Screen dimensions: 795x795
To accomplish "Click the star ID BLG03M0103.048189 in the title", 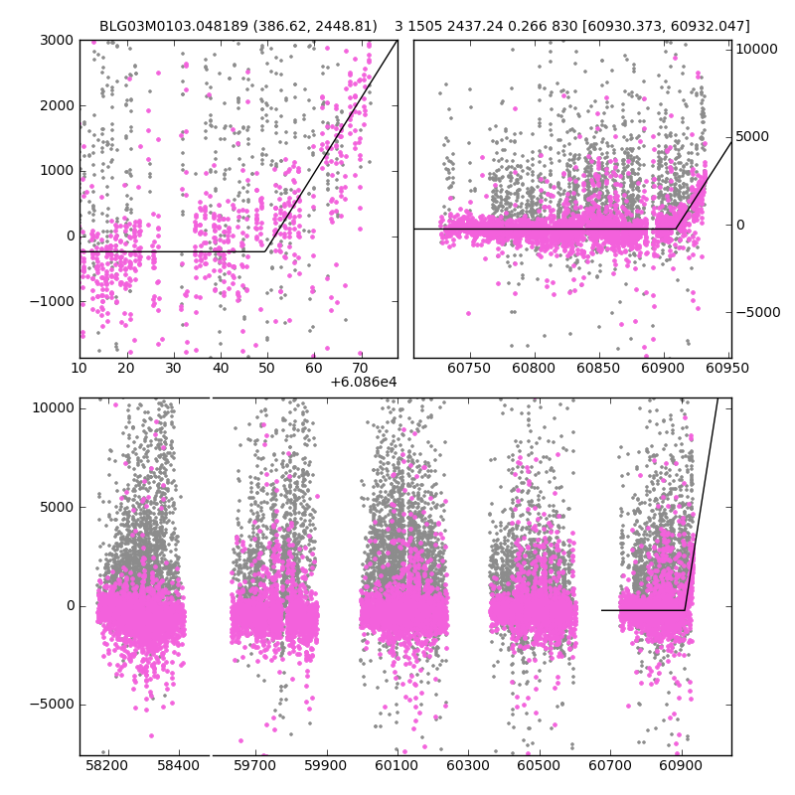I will click(x=167, y=26).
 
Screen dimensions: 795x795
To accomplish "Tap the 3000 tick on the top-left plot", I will click(x=57, y=40).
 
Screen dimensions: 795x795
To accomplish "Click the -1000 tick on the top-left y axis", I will click(x=54, y=301).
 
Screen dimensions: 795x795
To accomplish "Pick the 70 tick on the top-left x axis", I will click(x=360, y=368).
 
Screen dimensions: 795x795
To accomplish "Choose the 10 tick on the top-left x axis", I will click(x=79, y=368).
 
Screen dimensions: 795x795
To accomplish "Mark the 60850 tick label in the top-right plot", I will click(x=598, y=368).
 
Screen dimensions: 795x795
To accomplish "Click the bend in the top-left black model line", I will click(x=265, y=251).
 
